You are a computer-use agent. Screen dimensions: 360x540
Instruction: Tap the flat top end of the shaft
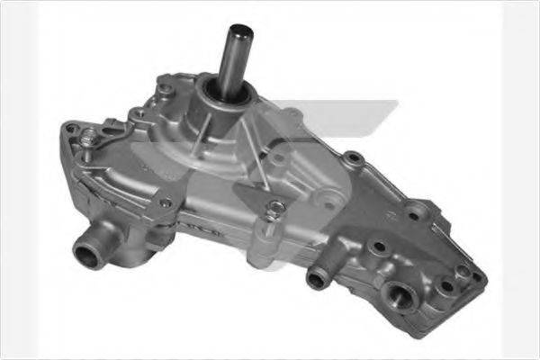239,29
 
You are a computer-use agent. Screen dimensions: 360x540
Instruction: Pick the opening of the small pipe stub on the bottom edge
316,279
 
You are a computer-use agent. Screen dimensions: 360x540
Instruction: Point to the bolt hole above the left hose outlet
164,204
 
